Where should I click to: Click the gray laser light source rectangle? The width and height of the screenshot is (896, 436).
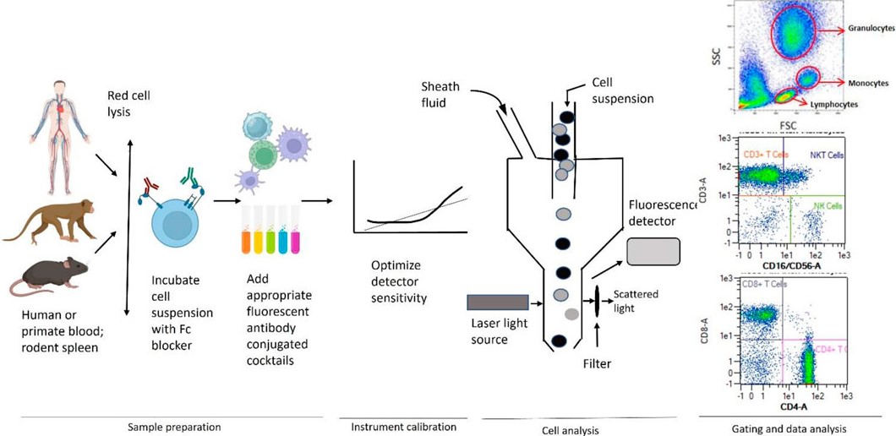coord(498,302)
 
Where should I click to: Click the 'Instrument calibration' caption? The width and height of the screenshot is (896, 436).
coord(403,427)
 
